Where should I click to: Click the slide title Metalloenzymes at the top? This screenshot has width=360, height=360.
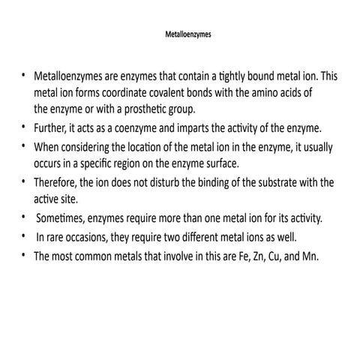pos(180,34)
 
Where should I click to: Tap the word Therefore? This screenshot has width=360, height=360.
pos(59,182)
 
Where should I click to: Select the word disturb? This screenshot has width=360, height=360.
pos(163,182)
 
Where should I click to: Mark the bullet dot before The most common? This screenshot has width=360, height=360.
pos(24,256)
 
